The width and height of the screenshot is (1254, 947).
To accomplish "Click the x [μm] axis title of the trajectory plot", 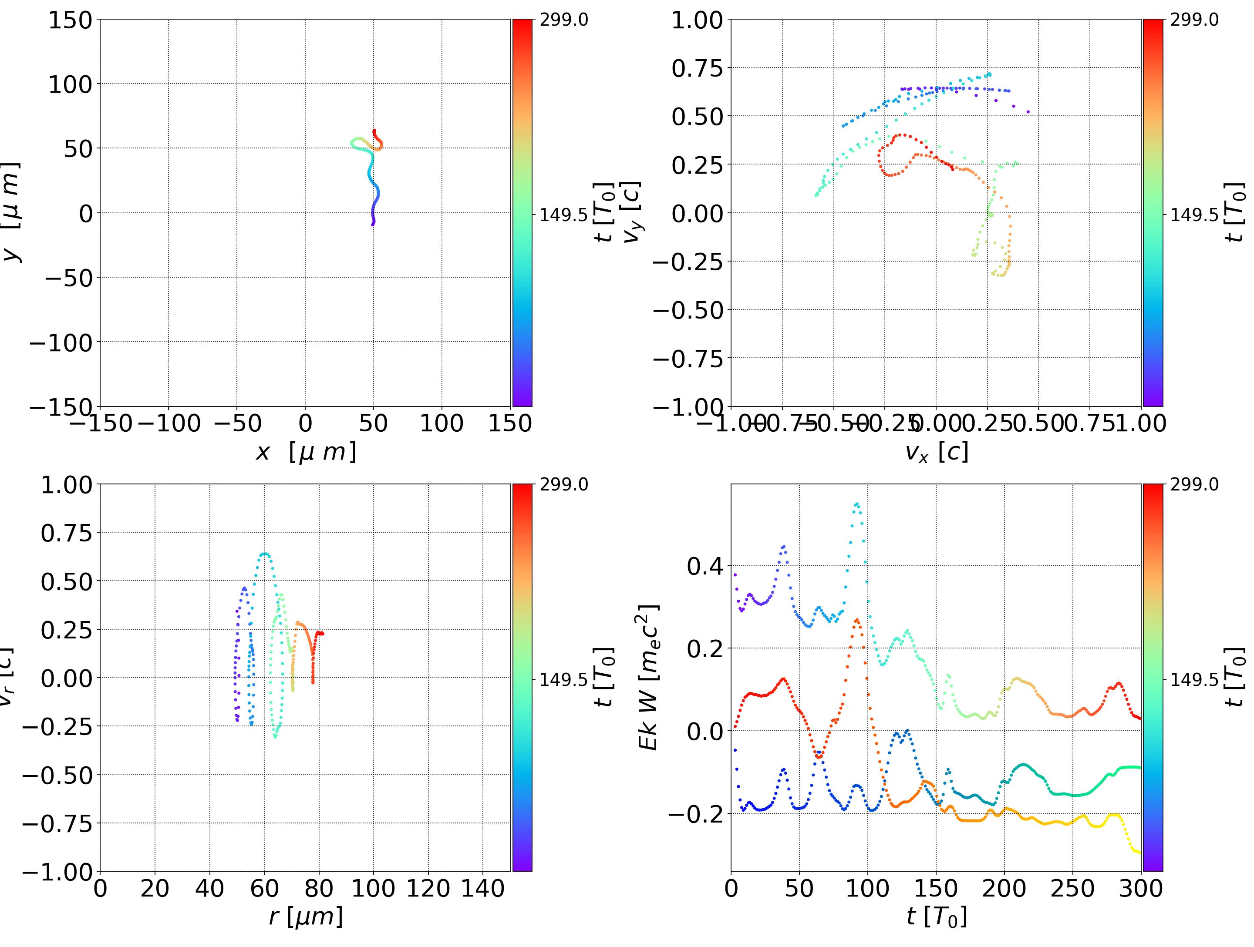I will tap(306, 452).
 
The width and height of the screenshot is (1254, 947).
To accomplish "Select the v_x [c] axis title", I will tap(936, 452).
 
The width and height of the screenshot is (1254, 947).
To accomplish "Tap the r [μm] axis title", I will tap(306, 917).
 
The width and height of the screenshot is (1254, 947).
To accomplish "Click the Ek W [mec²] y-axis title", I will tap(648, 677).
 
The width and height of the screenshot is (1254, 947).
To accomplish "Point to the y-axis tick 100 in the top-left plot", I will tap(70, 84).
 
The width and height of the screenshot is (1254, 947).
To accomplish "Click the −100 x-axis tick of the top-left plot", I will tap(169, 423).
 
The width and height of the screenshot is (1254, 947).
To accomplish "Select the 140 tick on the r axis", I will tap(482, 888).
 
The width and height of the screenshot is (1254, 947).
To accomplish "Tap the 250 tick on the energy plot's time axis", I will tap(1072, 888).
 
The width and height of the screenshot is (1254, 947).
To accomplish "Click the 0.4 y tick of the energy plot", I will tap(705, 566).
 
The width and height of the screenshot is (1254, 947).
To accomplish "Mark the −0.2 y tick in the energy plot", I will tap(696, 814).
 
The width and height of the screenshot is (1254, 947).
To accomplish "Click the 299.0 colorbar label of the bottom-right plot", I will tap(1194, 484).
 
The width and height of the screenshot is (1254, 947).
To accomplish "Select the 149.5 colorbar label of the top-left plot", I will tap(563, 215).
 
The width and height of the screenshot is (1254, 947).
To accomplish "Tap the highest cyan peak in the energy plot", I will tap(856, 503).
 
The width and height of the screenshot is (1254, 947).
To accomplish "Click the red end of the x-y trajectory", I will tap(374, 131).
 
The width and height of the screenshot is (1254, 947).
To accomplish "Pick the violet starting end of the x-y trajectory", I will tap(372, 225).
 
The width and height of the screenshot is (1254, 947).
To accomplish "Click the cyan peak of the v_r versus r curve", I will tap(264, 554).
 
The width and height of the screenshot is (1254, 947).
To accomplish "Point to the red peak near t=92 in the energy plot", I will tap(856, 620).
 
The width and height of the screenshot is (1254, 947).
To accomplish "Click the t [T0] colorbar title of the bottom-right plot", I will tap(1236, 677).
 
